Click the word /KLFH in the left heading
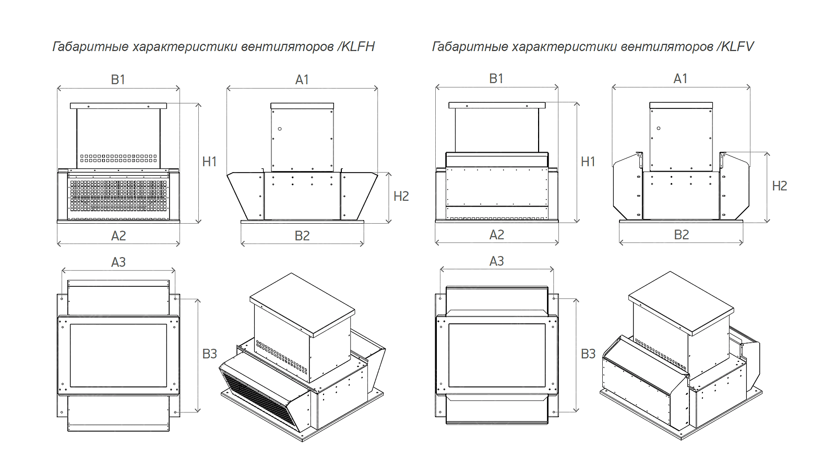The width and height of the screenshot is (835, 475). tap(356, 47)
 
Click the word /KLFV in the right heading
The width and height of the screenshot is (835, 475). tap(736, 47)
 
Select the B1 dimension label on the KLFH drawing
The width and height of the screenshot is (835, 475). tap(118, 79)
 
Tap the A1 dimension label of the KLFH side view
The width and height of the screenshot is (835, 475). tap(302, 79)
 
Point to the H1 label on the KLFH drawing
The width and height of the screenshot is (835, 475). tap(209, 162)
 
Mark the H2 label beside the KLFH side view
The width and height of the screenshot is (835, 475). tap(401, 196)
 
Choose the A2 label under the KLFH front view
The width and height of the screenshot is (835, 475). tap(118, 236)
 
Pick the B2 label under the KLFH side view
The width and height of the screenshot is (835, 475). tap(302, 236)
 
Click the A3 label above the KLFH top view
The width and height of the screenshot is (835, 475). tap(118, 262)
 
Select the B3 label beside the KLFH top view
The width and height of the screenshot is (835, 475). tap(209, 354)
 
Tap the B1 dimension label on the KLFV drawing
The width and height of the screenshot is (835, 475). tap(496, 78)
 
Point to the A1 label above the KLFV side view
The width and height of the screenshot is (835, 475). tap(681, 78)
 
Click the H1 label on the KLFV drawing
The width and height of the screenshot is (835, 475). tap(588, 162)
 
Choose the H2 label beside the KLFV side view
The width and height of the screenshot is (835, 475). tap(779, 186)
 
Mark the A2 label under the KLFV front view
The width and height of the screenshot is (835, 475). tap(497, 235)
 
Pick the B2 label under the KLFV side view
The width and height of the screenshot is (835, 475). tap(682, 235)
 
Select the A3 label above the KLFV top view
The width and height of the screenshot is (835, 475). tap(496, 261)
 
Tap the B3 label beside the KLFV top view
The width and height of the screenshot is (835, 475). tap(588, 354)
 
